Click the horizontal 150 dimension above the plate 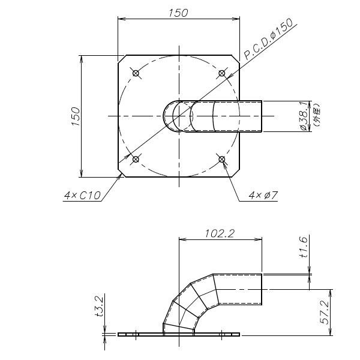(x=178, y=13)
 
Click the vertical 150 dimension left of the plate (x=76, y=116)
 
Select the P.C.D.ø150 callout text (x=268, y=39)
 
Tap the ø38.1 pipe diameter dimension (x=304, y=116)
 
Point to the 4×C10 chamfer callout (x=82, y=196)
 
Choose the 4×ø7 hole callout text (x=263, y=196)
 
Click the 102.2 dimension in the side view (x=220, y=234)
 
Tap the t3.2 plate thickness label (x=100, y=306)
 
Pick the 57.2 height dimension (x=324, y=313)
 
